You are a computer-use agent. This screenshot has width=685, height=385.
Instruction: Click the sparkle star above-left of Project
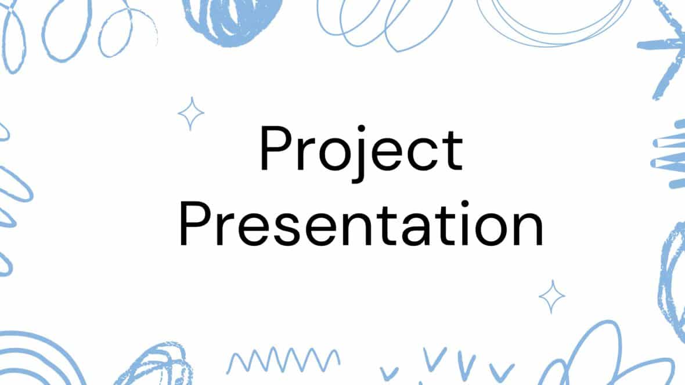[x=190, y=113]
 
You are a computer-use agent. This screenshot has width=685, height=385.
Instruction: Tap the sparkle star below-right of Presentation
[x=551, y=297]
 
